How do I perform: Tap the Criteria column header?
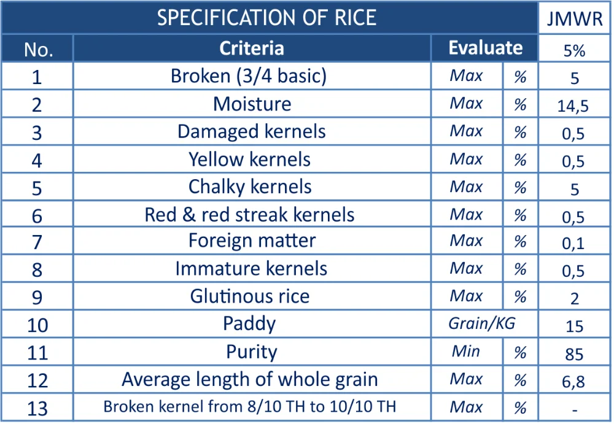coord(252,48)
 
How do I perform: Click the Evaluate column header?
coord(485,48)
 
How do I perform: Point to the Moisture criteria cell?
coord(252,104)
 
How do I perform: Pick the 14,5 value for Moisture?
coord(575,106)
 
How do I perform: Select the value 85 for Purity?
coord(575,354)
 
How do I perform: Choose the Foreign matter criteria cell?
coord(252,241)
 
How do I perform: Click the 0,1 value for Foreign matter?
coord(575,244)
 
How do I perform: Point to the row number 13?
coord(37,407)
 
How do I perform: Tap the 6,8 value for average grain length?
coord(575,382)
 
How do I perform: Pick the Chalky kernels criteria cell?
coord(250,187)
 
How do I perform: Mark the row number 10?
coord(37,324)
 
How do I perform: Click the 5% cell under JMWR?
coord(575,51)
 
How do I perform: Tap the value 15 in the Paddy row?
coord(575,326)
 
